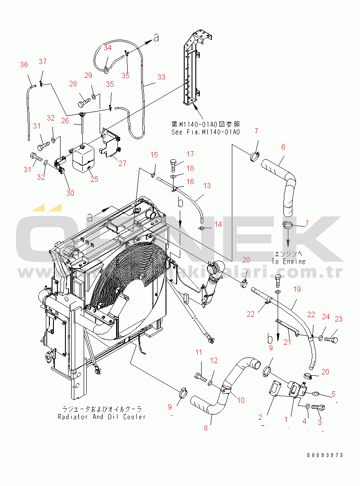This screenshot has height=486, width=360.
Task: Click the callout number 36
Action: tap(24, 65)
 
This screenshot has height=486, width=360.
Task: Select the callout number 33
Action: tap(161, 77)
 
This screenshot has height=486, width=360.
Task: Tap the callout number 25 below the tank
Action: tap(94, 179)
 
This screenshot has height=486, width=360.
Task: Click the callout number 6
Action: tap(283, 147)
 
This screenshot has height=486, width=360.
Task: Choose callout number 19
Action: tap(297, 289)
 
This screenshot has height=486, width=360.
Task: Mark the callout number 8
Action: tap(206, 428)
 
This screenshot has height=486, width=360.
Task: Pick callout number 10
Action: tap(241, 400)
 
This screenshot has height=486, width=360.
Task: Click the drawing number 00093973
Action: tap(324, 455)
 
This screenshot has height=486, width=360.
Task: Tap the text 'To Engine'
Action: tap(289, 261)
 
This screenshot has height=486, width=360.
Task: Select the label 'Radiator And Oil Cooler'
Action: tap(101, 417)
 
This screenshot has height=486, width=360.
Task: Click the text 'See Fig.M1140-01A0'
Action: tap(206, 132)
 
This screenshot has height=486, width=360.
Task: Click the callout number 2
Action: tap(260, 417)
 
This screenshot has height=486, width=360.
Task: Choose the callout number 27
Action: tap(122, 163)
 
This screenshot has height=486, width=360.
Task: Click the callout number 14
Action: tap(218, 225)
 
